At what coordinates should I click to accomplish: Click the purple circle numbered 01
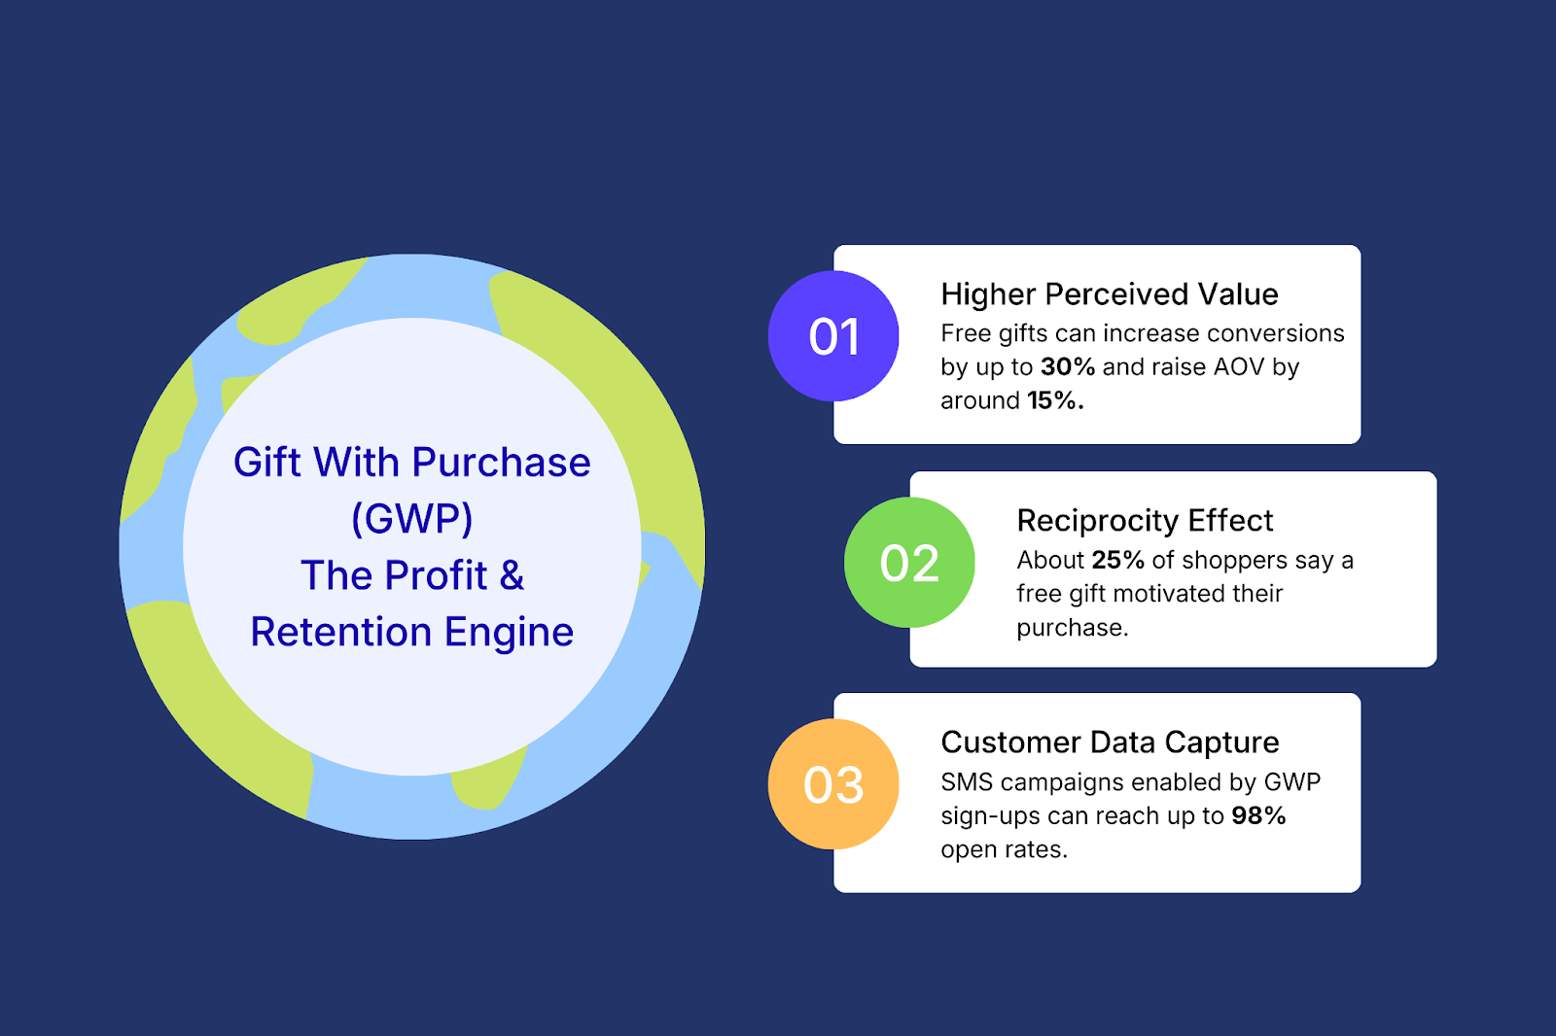click(833, 336)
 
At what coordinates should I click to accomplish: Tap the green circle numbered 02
click(909, 563)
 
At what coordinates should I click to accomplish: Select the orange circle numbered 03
click(833, 784)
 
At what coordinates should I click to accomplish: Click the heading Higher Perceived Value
click(1109, 294)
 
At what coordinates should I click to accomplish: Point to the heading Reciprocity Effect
click(1145, 520)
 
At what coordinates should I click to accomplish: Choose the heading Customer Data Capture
click(1110, 742)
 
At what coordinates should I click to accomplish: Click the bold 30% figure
click(1068, 367)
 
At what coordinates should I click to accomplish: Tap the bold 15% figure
click(1054, 400)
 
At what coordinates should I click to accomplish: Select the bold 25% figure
click(1118, 561)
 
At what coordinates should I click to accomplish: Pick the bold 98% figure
click(1258, 815)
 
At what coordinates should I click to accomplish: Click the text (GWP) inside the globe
click(411, 518)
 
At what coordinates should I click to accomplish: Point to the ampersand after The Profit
click(512, 575)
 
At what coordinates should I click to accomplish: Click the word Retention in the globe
click(340, 632)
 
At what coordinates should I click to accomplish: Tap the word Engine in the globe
click(509, 632)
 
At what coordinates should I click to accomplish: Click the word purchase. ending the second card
click(1072, 628)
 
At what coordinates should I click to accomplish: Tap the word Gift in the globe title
click(266, 463)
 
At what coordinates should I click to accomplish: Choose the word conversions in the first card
click(1275, 333)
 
